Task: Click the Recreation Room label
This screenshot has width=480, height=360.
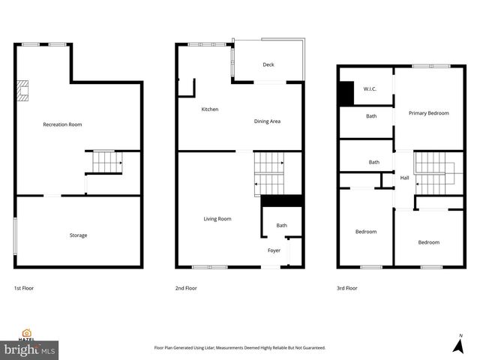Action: click(x=62, y=124)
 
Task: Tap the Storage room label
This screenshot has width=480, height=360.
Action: click(x=78, y=235)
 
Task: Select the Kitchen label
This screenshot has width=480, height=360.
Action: click(x=210, y=109)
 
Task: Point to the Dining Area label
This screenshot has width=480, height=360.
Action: click(x=267, y=121)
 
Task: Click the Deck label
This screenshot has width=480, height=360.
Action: click(x=268, y=64)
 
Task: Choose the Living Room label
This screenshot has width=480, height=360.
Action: click(x=217, y=219)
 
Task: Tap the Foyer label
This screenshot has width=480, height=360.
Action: click(x=274, y=250)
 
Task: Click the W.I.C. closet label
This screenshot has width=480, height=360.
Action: click(x=370, y=90)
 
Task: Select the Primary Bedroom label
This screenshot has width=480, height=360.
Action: click(x=428, y=113)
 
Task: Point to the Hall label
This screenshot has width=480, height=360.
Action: click(x=404, y=178)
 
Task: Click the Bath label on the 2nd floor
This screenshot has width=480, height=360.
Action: click(x=281, y=226)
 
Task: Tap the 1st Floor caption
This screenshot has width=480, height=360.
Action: click(x=24, y=288)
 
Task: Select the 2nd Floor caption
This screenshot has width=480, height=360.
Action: click(x=186, y=288)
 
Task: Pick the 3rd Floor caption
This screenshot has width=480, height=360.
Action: click(x=347, y=288)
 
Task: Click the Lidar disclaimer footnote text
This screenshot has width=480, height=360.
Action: click(x=239, y=348)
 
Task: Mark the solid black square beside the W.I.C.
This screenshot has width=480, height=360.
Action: click(x=346, y=93)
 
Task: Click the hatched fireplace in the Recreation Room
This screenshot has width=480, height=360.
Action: click(x=23, y=91)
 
